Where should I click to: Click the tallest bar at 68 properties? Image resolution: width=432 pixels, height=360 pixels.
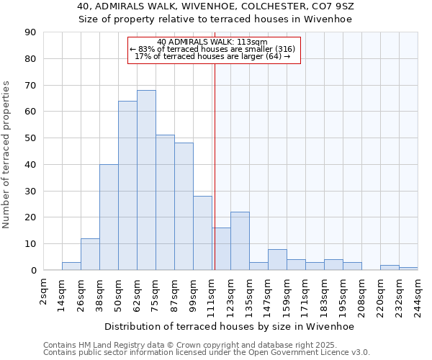(x=146, y=180)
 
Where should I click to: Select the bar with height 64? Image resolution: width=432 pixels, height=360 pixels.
(x=127, y=186)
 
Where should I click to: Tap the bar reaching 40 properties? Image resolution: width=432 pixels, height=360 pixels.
(x=109, y=217)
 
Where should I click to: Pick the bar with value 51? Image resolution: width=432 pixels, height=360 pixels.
(x=165, y=202)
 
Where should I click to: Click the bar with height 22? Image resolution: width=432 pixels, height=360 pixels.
(x=240, y=241)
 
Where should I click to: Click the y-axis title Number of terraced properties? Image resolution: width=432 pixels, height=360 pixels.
(x=6, y=155)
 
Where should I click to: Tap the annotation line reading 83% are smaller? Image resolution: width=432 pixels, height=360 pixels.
(x=212, y=49)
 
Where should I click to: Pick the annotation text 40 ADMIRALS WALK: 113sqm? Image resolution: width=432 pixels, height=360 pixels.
(x=212, y=42)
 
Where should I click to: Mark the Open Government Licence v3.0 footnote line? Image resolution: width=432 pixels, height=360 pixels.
(x=207, y=352)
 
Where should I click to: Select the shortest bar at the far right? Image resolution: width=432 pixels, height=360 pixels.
(x=408, y=269)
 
